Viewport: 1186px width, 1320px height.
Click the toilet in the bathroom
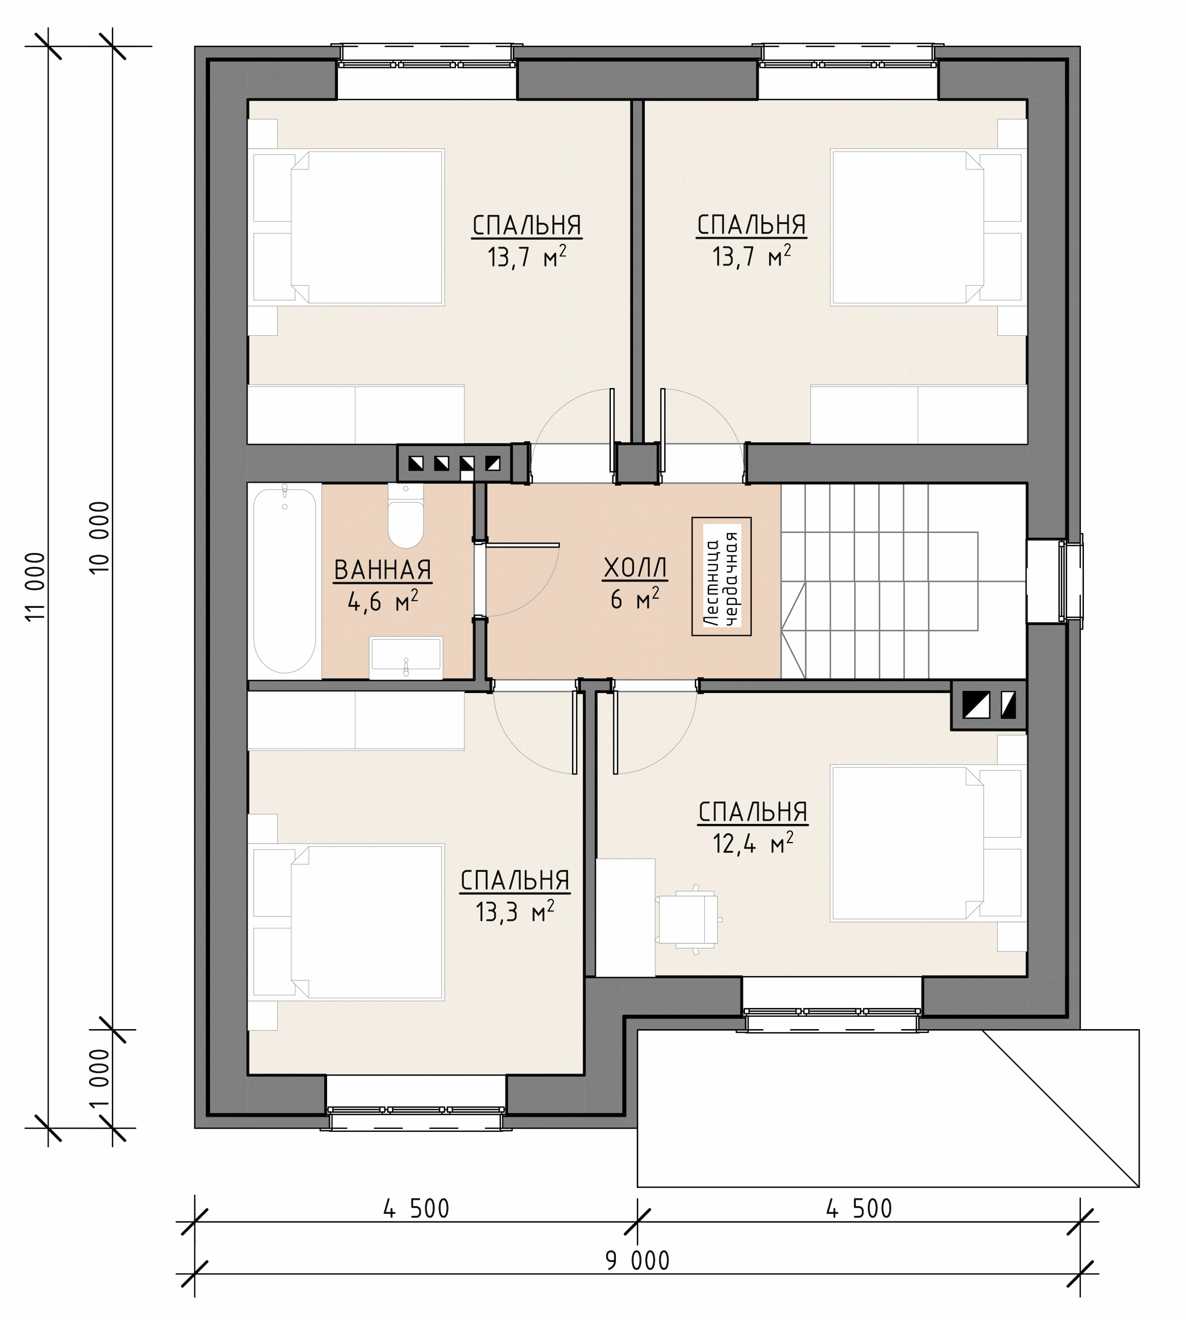(405, 516)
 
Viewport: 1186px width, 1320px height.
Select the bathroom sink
(406, 658)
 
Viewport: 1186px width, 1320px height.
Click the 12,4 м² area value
(753, 845)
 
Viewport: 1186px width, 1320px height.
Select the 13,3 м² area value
(515, 912)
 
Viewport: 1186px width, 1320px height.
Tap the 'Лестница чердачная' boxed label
(721, 576)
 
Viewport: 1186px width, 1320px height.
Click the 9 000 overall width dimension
(637, 1261)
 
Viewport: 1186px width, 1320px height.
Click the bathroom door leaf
(523, 544)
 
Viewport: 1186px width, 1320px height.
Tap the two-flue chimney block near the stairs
(988, 705)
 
